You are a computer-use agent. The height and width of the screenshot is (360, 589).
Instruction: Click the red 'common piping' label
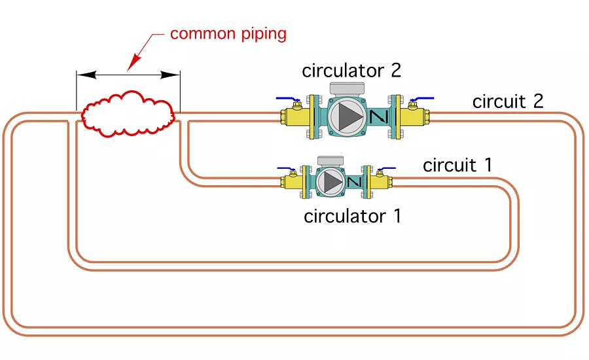click(228, 33)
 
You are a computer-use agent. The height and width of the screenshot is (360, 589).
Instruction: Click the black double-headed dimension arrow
click(128, 75)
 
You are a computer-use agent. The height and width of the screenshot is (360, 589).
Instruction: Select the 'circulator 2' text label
click(351, 70)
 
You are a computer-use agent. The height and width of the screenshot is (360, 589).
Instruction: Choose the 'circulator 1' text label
click(352, 216)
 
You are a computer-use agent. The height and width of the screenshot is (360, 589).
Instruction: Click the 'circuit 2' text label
click(508, 102)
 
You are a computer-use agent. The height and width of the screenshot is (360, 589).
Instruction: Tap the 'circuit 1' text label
click(457, 165)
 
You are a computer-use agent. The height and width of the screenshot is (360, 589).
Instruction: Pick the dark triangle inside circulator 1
click(334, 180)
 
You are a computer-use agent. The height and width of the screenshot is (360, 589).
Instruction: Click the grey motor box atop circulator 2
click(348, 88)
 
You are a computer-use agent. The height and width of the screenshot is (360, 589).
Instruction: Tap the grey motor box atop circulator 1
click(330, 160)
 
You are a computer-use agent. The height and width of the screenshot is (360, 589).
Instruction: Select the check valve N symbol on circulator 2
click(378, 117)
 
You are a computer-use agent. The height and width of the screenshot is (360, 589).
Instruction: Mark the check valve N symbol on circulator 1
click(354, 181)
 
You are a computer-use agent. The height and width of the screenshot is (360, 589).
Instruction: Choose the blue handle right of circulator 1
click(386, 168)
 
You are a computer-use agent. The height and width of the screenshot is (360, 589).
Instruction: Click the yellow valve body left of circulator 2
click(294, 117)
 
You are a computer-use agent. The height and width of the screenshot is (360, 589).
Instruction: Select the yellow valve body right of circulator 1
click(381, 181)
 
